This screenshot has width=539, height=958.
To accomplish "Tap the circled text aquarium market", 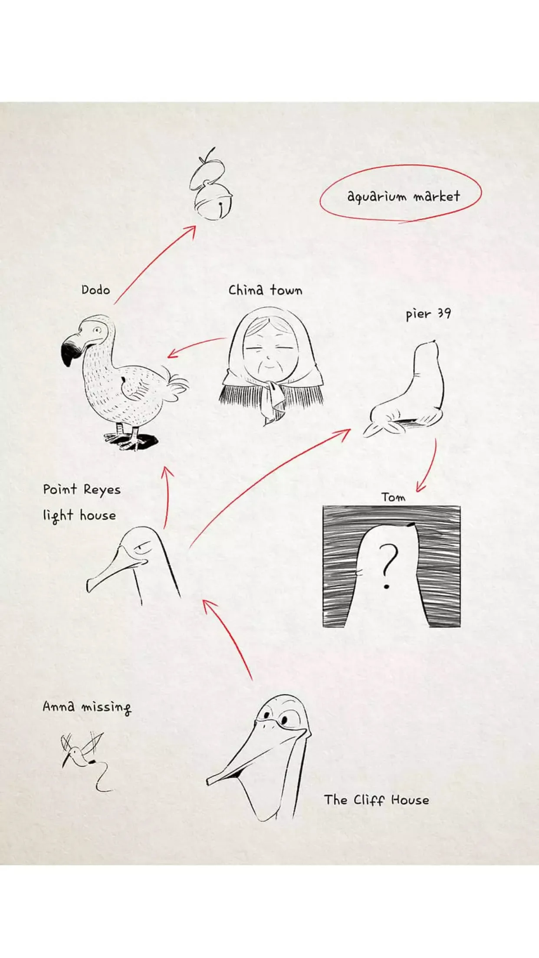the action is point(403,197).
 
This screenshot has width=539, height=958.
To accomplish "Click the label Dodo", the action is point(95,289).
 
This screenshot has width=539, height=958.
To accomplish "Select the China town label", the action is point(265,290).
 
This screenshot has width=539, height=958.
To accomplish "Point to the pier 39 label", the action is point(428,313).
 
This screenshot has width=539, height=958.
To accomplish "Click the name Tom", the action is point(393,497).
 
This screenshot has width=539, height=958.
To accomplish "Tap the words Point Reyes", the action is point(82,490).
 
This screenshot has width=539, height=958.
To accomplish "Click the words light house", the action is point(79,515).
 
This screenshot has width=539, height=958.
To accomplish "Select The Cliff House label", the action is point(376,800).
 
